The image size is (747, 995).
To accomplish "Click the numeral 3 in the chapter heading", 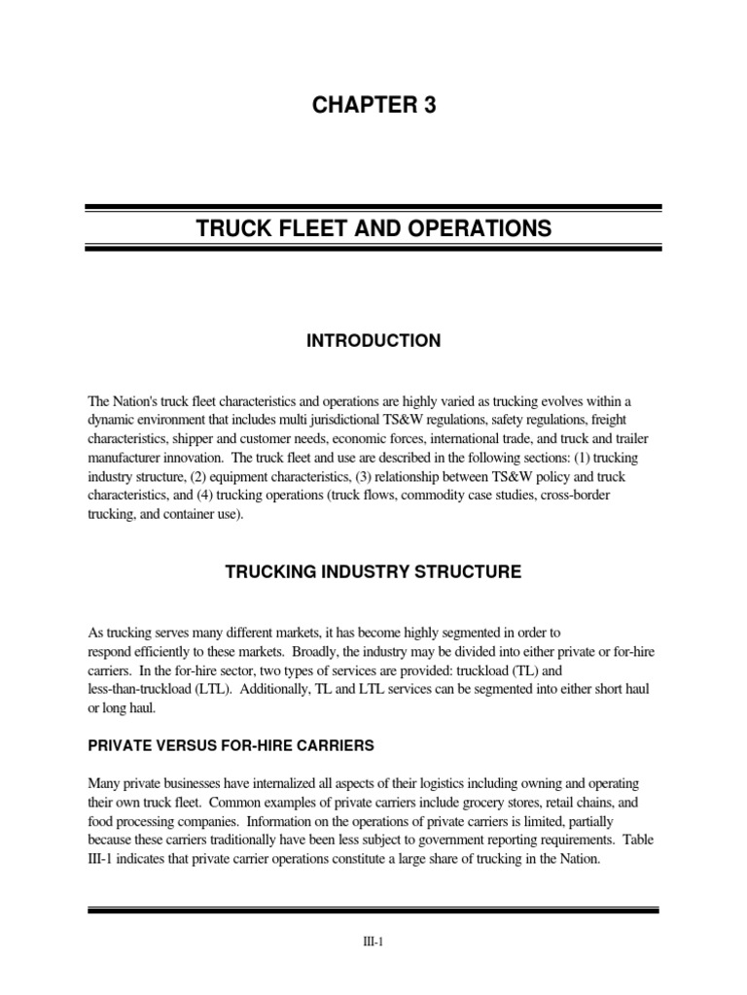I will coord(429,106).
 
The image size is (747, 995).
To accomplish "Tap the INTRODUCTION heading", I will coord(373,341).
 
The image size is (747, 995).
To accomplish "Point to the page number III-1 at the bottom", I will coord(373,942).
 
